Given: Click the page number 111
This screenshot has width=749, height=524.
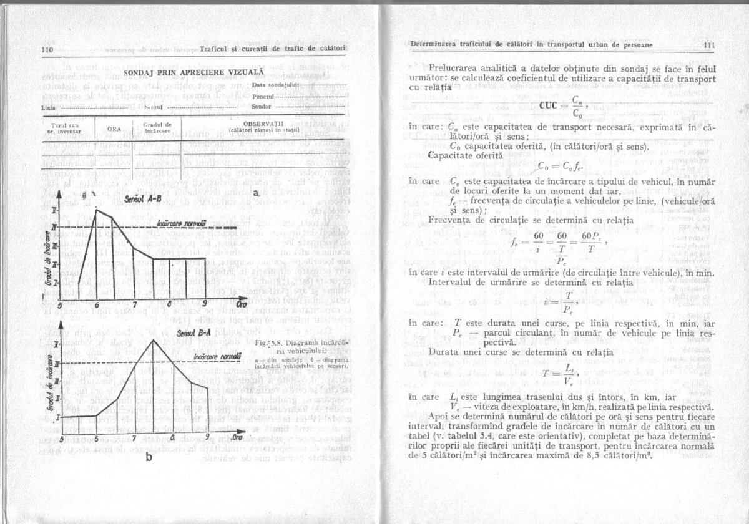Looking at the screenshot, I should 707,45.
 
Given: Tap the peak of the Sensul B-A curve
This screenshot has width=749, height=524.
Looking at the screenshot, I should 154,340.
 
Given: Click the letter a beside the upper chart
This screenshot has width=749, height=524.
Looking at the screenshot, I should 256,195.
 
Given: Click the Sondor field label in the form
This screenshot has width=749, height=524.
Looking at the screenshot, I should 262,107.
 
